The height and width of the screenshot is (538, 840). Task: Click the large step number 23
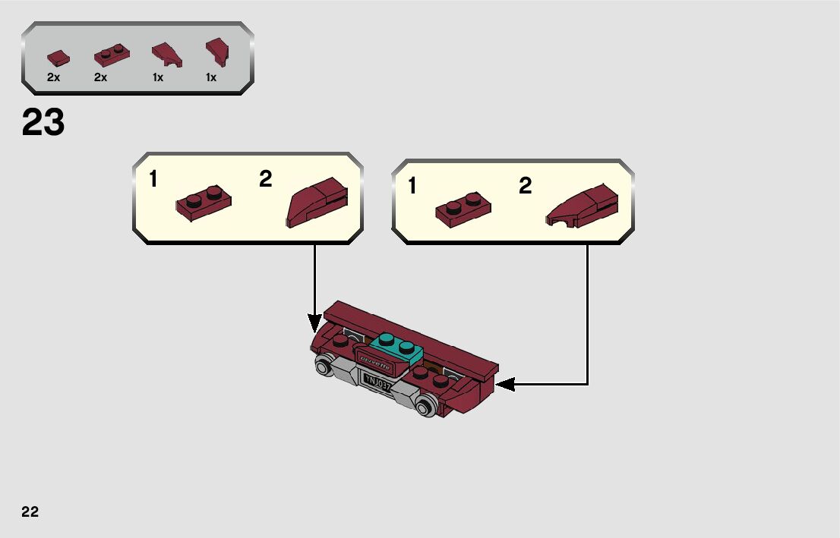[43, 123]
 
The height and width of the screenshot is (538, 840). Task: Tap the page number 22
[30, 511]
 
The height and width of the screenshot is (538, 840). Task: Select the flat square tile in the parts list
[58, 58]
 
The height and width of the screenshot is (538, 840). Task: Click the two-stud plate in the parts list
[111, 55]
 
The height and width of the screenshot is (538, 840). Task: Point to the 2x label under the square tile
[53, 77]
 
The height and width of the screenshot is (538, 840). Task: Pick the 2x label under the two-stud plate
[101, 77]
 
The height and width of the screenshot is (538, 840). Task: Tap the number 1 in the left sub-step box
[153, 180]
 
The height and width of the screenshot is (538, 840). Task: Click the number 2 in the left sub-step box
[265, 179]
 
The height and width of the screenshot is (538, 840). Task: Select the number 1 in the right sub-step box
[412, 186]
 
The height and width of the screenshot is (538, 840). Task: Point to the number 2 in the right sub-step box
[526, 186]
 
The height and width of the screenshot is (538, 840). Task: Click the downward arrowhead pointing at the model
[315, 324]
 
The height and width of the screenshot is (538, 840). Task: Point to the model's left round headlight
[324, 369]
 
